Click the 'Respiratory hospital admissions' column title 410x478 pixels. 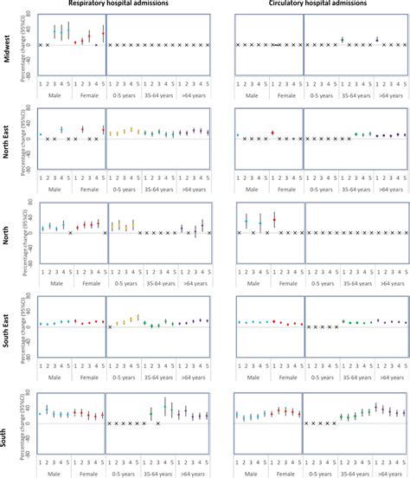pos(112,5)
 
